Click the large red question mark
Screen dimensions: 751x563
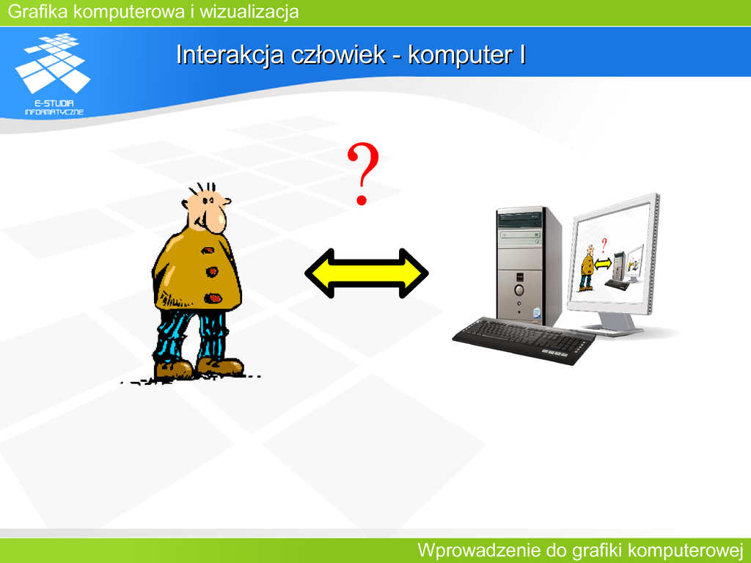(x=363, y=173)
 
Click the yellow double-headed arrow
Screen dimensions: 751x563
(x=367, y=273)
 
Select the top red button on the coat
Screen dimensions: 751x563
(x=207, y=251)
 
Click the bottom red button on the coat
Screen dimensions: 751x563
(x=213, y=299)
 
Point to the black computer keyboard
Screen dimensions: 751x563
(x=524, y=340)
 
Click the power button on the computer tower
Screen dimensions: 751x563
(x=519, y=290)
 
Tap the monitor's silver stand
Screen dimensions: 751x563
(x=615, y=324)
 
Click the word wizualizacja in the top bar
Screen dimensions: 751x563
(x=249, y=12)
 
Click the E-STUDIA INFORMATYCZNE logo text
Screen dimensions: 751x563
(x=54, y=108)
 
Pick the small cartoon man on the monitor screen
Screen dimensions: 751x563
(x=587, y=268)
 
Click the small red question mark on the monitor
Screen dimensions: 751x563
(x=604, y=246)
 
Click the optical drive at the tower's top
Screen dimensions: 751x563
(x=520, y=220)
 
